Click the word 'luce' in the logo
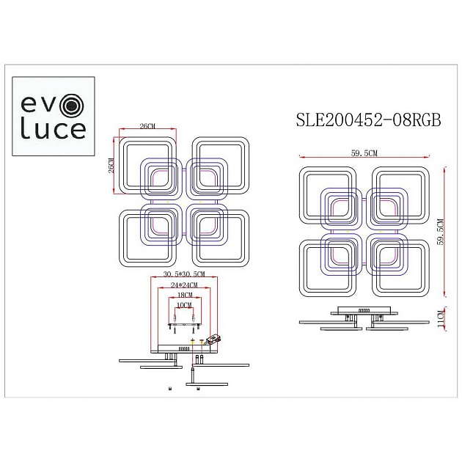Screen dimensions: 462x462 tap(51, 131)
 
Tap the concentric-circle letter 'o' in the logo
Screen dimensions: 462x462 tap(71, 107)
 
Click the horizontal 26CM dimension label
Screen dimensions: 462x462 tap(147, 127)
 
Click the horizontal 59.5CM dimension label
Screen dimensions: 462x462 tap(364, 153)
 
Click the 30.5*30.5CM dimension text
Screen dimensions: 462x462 tap(180, 274)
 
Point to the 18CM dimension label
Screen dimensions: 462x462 tap(183, 295)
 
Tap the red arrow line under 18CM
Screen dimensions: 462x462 tap(183, 300)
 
